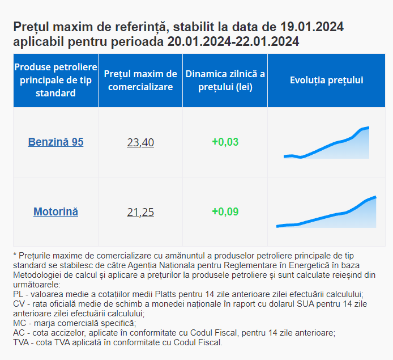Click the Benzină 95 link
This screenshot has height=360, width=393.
tap(55, 142)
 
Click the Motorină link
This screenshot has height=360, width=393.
tap(55, 212)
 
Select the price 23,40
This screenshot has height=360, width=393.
tap(140, 143)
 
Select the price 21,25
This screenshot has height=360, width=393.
tap(140, 213)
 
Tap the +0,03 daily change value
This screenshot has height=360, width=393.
tap(225, 142)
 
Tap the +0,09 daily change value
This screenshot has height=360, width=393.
tap(225, 212)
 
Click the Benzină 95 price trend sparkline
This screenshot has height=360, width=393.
tap(327, 144)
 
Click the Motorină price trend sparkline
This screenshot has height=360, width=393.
tap(327, 213)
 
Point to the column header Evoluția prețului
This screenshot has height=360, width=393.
tap(326, 81)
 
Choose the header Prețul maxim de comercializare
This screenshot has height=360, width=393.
tap(140, 81)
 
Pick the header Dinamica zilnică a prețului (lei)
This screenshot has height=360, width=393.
tap(225, 81)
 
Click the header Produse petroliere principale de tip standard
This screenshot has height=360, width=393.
tap(55, 81)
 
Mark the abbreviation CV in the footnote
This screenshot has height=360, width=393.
tap(18, 304)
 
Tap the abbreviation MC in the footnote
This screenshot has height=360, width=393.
tap(19, 323)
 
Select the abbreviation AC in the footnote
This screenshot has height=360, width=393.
tap(18, 333)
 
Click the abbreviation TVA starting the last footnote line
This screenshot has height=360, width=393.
tap(21, 342)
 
